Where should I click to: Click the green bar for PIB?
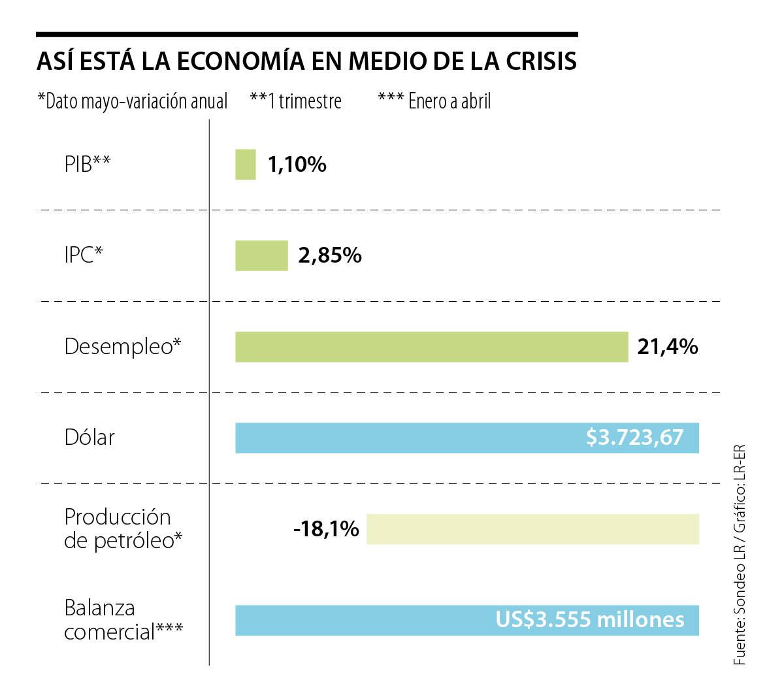pyautogui.click(x=245, y=164)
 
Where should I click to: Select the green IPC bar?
pyautogui.click(x=261, y=255)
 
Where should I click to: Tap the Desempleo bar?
pyautogui.click(x=431, y=347)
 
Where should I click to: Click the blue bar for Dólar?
pyautogui.click(x=405, y=438)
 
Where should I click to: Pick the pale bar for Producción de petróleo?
pyautogui.click(x=532, y=529)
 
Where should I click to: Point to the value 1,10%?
pyautogui.click(x=297, y=164)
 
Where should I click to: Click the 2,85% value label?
pyautogui.click(x=330, y=255)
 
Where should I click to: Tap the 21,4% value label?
pyautogui.click(x=668, y=347)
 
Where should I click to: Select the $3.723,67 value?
pyautogui.click(x=634, y=437)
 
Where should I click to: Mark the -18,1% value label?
pyautogui.click(x=326, y=528)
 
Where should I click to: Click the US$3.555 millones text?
pyautogui.click(x=590, y=619)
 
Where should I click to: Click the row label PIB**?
pyautogui.click(x=88, y=164)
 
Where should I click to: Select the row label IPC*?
pyautogui.click(x=84, y=255)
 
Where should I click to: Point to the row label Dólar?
pyautogui.click(x=90, y=437)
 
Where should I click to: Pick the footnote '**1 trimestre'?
pyautogui.click(x=296, y=101)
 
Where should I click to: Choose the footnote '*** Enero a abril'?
pyautogui.click(x=434, y=101)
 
